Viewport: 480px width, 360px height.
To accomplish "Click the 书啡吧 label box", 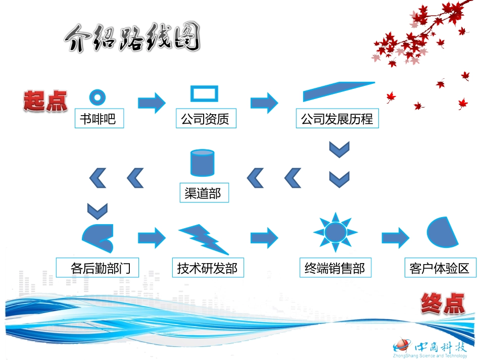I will click(99, 119).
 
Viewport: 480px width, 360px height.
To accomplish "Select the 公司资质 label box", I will click(206, 119).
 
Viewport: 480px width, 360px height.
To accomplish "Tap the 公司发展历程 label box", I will click(337, 119).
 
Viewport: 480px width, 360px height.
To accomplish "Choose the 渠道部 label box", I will click(203, 193).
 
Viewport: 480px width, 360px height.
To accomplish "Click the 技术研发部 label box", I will click(207, 268).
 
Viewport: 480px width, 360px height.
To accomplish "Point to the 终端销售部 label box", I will click(334, 268).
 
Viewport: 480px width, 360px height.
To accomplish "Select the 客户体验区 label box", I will click(440, 268).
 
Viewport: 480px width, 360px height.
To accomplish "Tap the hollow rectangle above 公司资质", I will click(204, 94).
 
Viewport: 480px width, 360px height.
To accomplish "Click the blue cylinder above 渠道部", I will click(202, 163).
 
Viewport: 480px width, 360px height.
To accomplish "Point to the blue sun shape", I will click(335, 233).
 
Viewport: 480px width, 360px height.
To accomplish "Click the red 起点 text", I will click(45, 100).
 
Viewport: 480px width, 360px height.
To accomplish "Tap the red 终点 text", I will click(442, 304).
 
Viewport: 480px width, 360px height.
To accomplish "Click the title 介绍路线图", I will click(132, 38).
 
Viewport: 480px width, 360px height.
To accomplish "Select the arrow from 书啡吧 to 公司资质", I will click(152, 103).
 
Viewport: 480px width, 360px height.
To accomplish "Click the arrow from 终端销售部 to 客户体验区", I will click(395, 236).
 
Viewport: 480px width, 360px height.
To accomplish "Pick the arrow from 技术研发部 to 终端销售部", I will click(264, 236).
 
